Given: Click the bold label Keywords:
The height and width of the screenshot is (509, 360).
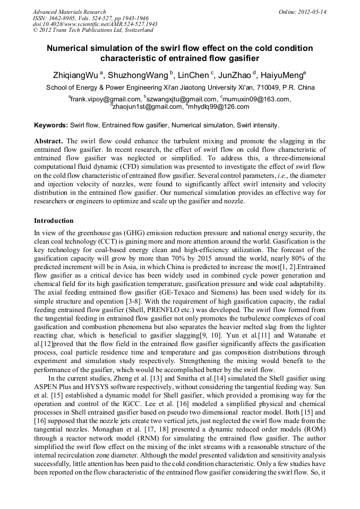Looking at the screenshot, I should coord(51,126).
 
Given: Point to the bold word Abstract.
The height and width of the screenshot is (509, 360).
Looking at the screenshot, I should coord(48,141).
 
